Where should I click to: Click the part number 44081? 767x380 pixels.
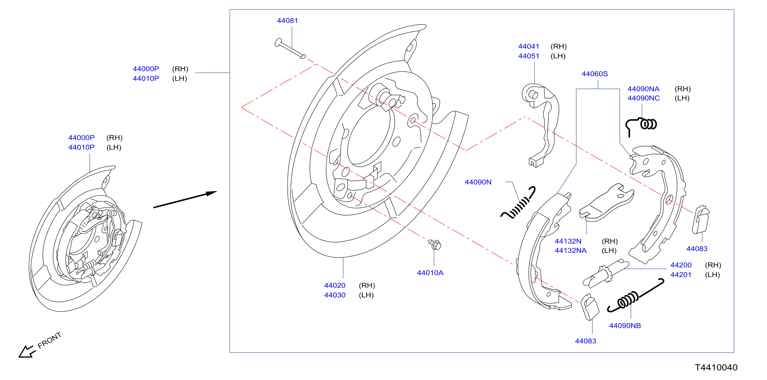pos(287,20)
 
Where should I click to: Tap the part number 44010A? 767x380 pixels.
pos(430,273)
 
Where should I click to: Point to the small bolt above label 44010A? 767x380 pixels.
pos(435,244)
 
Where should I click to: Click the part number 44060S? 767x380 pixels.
pos(594,74)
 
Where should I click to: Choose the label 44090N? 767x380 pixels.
pos(478,182)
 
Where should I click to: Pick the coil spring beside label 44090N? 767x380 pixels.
pos(518,203)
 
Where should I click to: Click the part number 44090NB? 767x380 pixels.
pos(625,326)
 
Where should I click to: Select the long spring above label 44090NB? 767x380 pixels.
pos(635,296)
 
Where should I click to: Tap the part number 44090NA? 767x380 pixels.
pos(643,89)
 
